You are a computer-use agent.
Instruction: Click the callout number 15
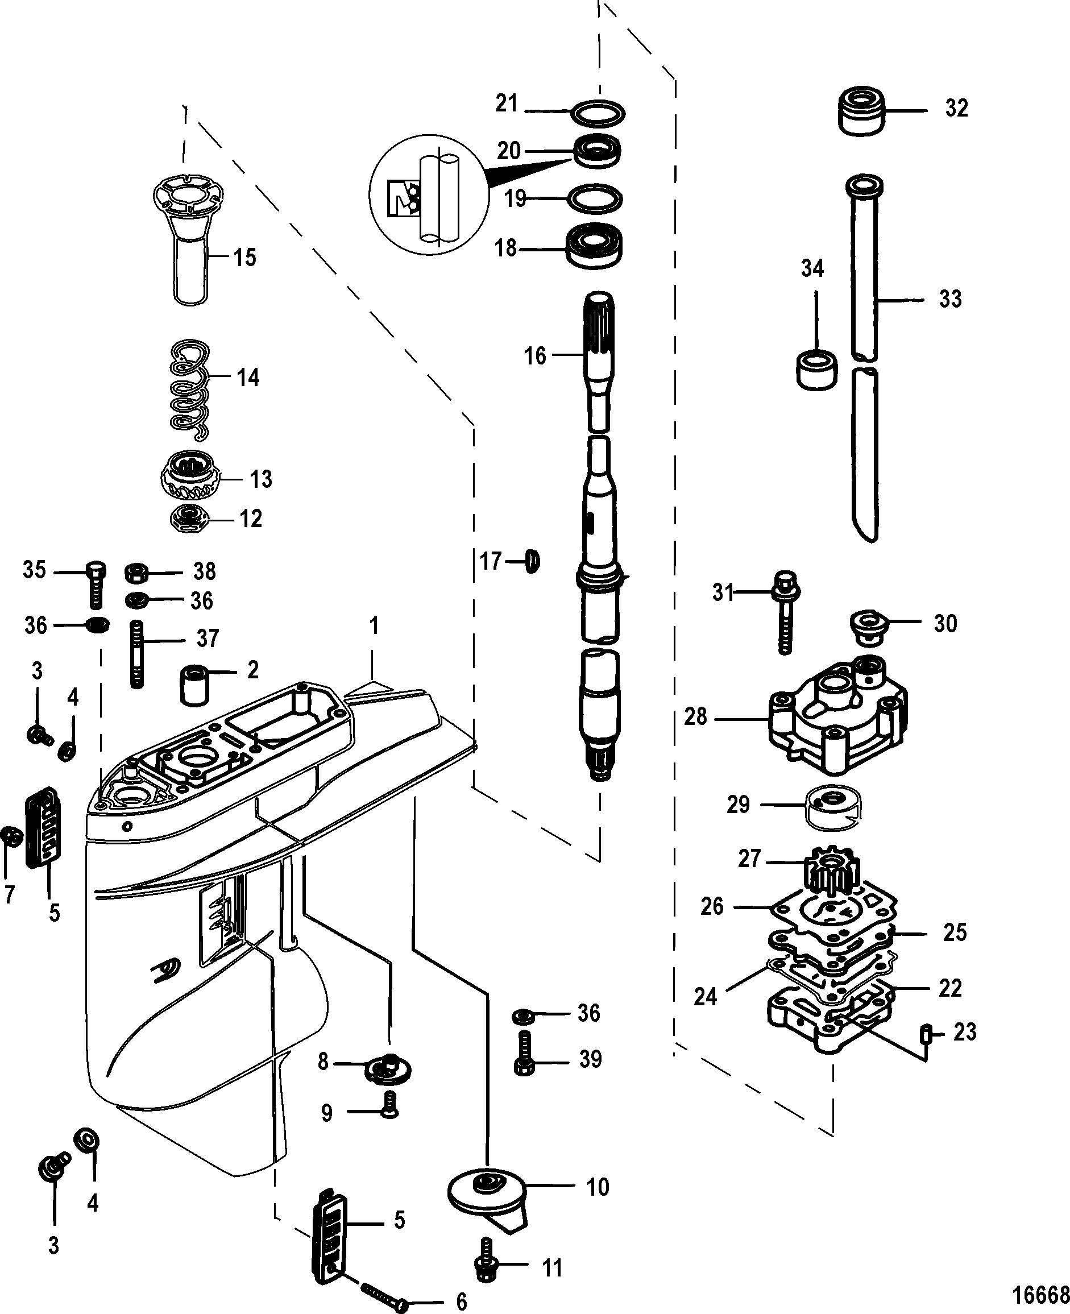point(244,258)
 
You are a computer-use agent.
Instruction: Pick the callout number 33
point(950,299)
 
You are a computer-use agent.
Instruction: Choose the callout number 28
point(696,717)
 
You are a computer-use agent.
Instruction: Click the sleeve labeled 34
point(816,369)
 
